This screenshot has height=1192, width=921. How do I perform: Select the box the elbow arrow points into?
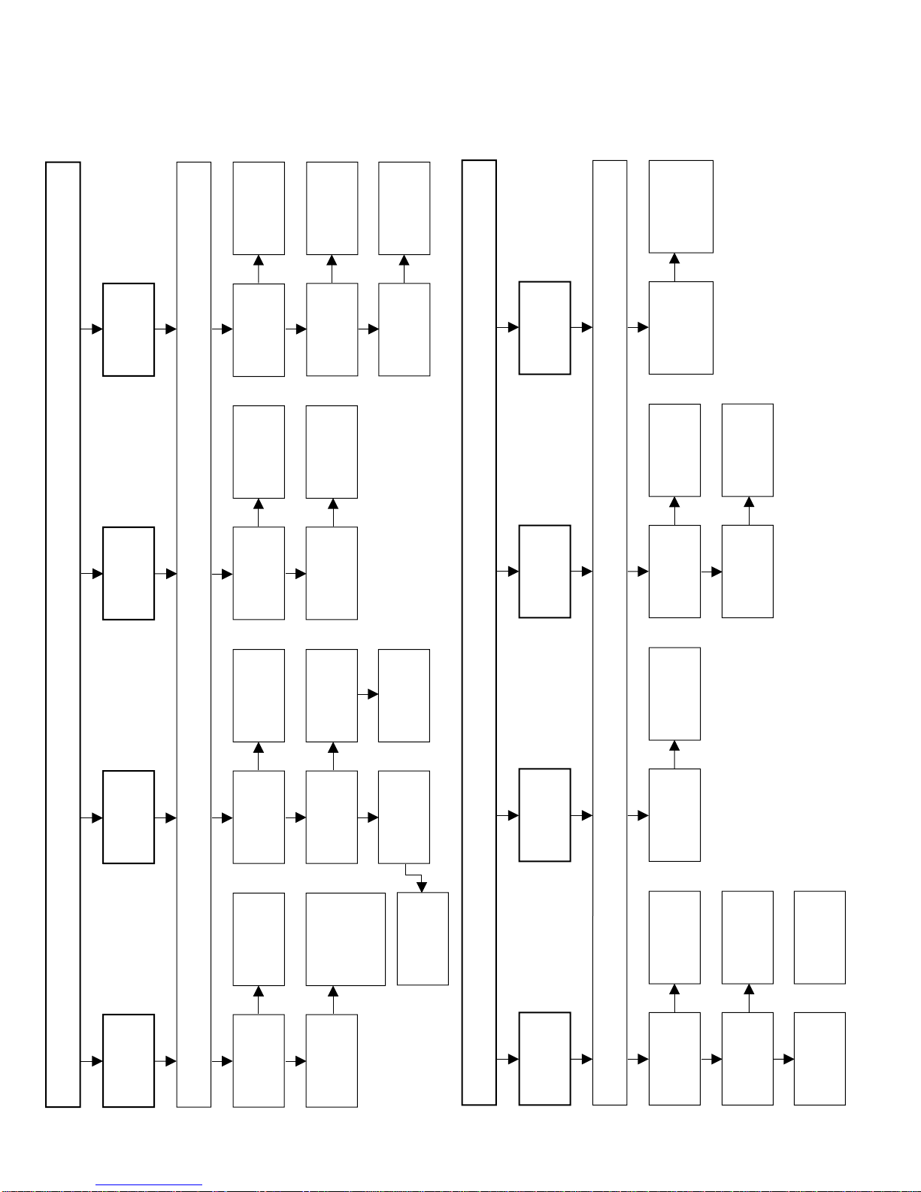point(423,939)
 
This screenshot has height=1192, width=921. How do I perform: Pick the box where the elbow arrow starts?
point(404,817)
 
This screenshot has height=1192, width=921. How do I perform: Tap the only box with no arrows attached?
point(820,937)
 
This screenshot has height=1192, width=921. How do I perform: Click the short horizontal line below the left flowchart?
point(149,1185)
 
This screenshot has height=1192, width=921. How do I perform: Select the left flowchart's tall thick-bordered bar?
point(63,634)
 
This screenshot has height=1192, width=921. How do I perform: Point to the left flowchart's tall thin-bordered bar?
point(193,634)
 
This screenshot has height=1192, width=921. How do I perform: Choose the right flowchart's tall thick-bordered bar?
point(479,632)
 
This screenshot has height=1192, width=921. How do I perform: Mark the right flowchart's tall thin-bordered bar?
point(610,632)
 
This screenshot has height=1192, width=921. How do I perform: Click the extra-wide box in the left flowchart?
point(345,939)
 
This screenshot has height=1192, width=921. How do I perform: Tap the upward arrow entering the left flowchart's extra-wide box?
point(333,999)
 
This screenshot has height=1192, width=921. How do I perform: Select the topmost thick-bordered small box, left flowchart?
point(129,329)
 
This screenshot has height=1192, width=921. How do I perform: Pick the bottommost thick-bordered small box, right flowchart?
point(544,1058)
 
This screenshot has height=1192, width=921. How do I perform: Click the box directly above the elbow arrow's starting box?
point(404,696)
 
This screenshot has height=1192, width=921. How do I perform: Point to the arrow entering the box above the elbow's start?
point(368,694)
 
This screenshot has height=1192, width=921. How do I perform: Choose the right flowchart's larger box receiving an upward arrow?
point(680,206)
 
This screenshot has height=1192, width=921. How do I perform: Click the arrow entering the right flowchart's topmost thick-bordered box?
point(507,327)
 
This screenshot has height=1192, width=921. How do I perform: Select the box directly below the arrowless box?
point(820,1058)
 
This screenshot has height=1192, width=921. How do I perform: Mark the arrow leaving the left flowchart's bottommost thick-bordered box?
point(165,1061)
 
